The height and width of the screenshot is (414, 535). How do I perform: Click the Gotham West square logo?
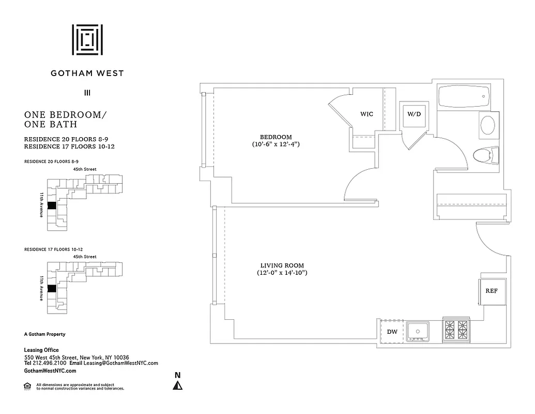pyautogui.click(x=87, y=39)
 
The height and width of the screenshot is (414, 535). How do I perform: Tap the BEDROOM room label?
pyautogui.click(x=276, y=137)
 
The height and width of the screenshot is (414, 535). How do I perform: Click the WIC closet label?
pyautogui.click(x=366, y=114)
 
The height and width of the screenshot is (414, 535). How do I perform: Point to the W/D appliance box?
pyautogui.click(x=414, y=114)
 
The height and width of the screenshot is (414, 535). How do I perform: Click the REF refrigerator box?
pyautogui.click(x=491, y=291)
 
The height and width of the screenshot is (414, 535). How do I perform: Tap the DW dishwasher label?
pyautogui.click(x=392, y=332)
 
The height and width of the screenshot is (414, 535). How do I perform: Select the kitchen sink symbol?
pyautogui.click(x=418, y=331)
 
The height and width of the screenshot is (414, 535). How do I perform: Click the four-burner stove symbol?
pyautogui.click(x=456, y=329)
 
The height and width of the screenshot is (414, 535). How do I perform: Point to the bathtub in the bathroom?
pyautogui.click(x=463, y=96)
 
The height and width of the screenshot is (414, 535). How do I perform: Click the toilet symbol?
pyautogui.click(x=485, y=155)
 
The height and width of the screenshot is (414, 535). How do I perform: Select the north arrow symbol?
pyautogui.click(x=178, y=385)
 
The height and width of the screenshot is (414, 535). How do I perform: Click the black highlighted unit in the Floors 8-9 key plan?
pyautogui.click(x=51, y=205)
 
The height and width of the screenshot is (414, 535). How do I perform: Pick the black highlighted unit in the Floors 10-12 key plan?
pyautogui.click(x=51, y=289)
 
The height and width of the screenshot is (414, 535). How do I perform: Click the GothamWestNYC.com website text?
pyautogui.click(x=50, y=371)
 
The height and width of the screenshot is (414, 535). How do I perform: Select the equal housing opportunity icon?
pyautogui.click(x=27, y=386)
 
